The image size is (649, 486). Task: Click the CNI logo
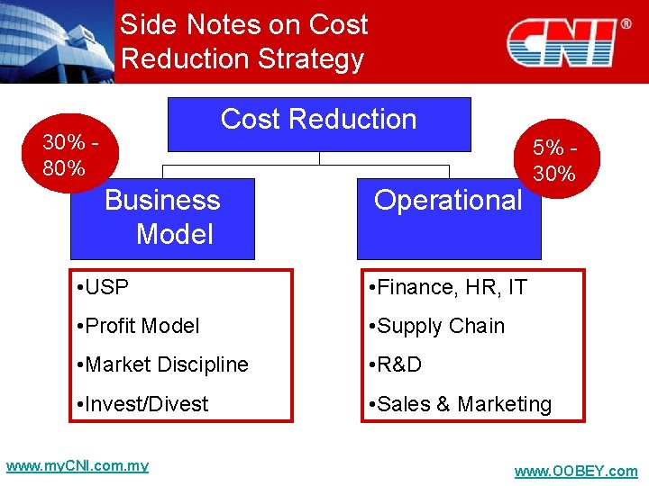click(562, 42)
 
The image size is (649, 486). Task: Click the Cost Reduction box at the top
click(319, 123)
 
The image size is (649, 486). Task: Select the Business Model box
click(163, 218)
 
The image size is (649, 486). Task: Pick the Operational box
click(448, 217)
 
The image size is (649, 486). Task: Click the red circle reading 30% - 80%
click(69, 155)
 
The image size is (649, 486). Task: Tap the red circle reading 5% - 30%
click(554, 159)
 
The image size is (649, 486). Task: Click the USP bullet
click(104, 288)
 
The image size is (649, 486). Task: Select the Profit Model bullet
click(139, 327)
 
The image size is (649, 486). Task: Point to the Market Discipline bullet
click(162, 365)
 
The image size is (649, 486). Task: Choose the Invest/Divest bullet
click(143, 404)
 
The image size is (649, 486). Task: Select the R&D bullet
click(395, 365)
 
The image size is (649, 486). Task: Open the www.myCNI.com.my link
click(78, 466)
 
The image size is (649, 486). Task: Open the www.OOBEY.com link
click(575, 472)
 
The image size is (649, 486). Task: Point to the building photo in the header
click(56, 40)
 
